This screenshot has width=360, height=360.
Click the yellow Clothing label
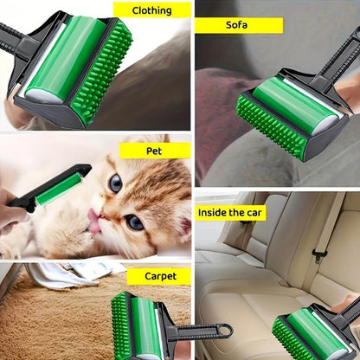pyautogui.click(x=152, y=11)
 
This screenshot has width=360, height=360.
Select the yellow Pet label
pyautogui.click(x=155, y=151)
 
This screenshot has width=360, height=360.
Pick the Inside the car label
pyautogui.click(x=231, y=212)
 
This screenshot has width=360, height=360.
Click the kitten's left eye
pyautogui.click(x=115, y=183)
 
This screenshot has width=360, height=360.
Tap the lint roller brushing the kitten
pyautogui.click(x=54, y=184)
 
